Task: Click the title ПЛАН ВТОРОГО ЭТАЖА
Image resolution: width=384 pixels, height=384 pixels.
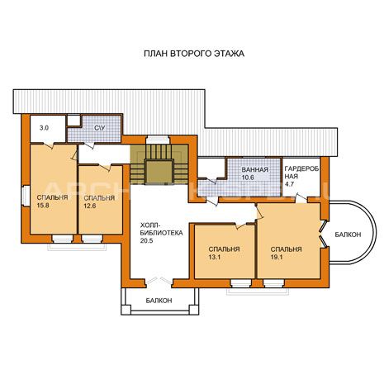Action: pyautogui.click(x=194, y=54)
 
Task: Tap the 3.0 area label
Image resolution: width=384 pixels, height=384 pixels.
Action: pyautogui.click(x=45, y=128)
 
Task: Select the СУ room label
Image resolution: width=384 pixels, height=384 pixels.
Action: pyautogui.click(x=100, y=128)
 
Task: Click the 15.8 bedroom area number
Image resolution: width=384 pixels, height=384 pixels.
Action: pyautogui.click(x=43, y=205)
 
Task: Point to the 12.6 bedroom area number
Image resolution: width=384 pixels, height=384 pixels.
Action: pyautogui.click(x=90, y=206)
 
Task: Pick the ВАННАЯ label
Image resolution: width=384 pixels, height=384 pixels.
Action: pyautogui.click(x=254, y=169)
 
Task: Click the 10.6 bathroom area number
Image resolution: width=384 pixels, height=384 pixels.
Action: pyautogui.click(x=248, y=178)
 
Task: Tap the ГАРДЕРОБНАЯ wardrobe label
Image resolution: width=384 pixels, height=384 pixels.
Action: pyautogui.click(x=301, y=173)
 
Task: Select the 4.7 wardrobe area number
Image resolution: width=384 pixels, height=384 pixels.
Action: pyautogui.click(x=289, y=184)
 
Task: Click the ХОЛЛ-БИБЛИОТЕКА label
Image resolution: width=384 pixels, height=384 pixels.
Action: pyautogui.click(x=161, y=229)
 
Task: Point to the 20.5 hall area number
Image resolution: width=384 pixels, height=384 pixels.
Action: pyautogui.click(x=146, y=240)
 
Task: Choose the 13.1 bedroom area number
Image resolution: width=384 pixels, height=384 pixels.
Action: pyautogui.click(x=215, y=257)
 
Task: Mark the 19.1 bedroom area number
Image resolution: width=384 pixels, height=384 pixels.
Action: pyautogui.click(x=277, y=257)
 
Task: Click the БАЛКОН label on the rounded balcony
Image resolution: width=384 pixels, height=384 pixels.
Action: pyautogui.click(x=348, y=235)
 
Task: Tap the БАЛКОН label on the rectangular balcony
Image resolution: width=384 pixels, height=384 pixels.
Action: pyautogui.click(x=159, y=301)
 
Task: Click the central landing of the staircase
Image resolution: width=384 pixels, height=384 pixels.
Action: pyautogui.click(x=159, y=172)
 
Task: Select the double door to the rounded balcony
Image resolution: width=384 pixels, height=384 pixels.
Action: pyautogui.click(x=324, y=234)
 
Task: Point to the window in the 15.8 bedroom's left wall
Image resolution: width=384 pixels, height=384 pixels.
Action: pyautogui.click(x=26, y=196)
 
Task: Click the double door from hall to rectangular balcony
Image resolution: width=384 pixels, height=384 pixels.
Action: pyautogui.click(x=159, y=281)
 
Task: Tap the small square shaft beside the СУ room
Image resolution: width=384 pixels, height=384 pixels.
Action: pyautogui.click(x=73, y=121)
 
